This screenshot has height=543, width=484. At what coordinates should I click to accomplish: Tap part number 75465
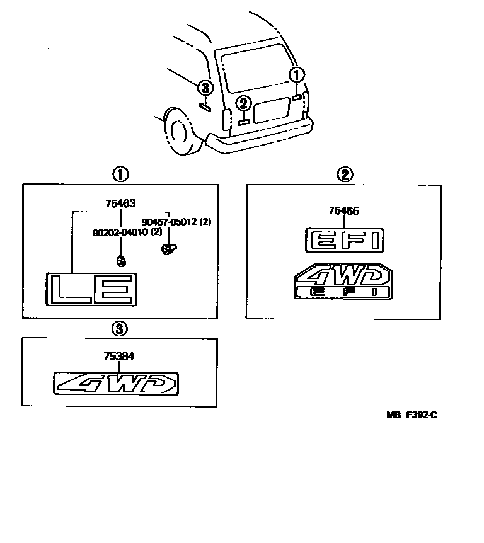(x=343, y=211)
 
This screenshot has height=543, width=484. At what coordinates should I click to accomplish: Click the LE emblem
(x=91, y=289)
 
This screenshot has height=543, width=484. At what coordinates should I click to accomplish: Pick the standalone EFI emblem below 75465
(x=344, y=241)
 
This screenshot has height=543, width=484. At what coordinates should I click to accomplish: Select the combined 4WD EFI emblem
(x=343, y=282)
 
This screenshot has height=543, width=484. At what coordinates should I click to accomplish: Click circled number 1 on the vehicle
(x=296, y=75)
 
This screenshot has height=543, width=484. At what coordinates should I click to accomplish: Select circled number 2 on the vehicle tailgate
(x=244, y=104)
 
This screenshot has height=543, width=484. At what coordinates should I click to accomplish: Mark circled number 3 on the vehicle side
(x=205, y=88)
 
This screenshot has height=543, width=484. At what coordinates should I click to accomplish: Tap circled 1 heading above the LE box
(x=120, y=173)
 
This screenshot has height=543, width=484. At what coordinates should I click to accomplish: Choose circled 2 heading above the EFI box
(x=344, y=174)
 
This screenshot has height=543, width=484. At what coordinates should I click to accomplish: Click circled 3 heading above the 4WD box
(x=119, y=328)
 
